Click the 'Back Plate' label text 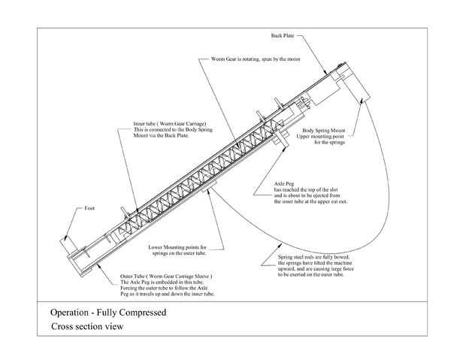(283, 35)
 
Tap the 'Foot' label (89, 208)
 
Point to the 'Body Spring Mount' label (323, 131)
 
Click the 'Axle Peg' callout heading (283, 183)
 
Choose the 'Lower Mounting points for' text (177, 247)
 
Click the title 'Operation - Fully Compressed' (108, 311)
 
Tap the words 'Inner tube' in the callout (144, 123)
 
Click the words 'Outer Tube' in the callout (135, 277)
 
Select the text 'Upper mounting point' (323, 137)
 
